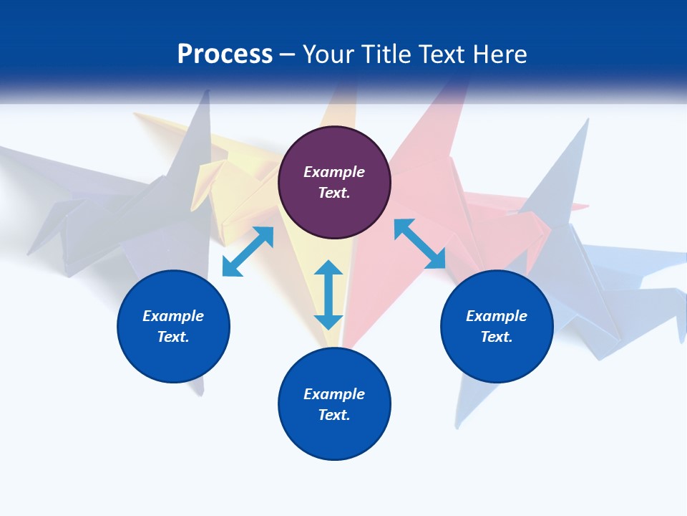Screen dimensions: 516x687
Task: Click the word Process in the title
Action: pyautogui.click(x=225, y=54)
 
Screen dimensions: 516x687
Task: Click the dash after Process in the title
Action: pyautogui.click(x=288, y=55)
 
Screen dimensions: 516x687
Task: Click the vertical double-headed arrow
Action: pyautogui.click(x=328, y=295)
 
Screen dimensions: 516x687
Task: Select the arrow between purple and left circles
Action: pyautogui.click(x=248, y=251)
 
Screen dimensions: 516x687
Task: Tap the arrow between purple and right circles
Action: pyautogui.click(x=420, y=244)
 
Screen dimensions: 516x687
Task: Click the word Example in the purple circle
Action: pyautogui.click(x=334, y=172)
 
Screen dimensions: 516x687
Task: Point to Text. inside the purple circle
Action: pyautogui.click(x=334, y=193)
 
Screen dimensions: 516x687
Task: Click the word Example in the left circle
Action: pyautogui.click(x=173, y=316)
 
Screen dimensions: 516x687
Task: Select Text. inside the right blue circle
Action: pyautogui.click(x=497, y=337)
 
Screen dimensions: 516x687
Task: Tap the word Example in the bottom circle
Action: pyautogui.click(x=334, y=394)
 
